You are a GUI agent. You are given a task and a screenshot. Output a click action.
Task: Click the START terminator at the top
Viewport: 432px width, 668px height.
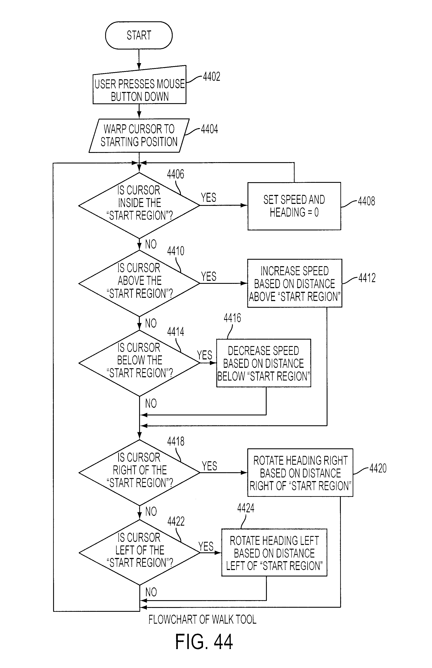[x=139, y=35]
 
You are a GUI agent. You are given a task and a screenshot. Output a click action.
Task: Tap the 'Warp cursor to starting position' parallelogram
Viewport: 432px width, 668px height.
[x=139, y=136]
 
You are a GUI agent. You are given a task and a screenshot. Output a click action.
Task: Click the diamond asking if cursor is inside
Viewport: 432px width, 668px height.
[x=139, y=205]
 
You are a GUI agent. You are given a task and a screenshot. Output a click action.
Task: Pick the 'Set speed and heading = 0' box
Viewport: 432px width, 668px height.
[x=294, y=206]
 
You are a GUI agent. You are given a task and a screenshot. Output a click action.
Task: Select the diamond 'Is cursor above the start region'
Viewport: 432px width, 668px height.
[x=139, y=283]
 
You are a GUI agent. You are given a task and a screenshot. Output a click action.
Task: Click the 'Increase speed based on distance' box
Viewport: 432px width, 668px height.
[x=295, y=283]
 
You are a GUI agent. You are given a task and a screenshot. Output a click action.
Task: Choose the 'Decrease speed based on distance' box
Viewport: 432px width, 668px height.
[x=263, y=363]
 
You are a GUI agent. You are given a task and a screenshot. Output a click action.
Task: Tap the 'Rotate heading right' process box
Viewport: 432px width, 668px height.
[x=300, y=473]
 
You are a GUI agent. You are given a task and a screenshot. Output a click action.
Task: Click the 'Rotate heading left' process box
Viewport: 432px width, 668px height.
[x=274, y=553]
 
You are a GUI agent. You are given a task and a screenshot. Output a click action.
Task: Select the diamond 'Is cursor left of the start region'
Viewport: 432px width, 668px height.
[x=139, y=553]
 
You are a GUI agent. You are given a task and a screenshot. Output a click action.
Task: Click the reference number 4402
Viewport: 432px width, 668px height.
[x=211, y=76]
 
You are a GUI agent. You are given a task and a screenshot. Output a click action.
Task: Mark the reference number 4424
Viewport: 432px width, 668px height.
[x=246, y=508]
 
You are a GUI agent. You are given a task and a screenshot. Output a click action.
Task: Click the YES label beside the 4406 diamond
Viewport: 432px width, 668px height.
[x=209, y=198]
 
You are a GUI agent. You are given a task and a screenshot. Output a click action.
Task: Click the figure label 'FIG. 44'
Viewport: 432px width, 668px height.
[x=204, y=642]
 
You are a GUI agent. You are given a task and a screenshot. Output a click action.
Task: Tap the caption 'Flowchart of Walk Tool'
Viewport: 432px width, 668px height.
[x=202, y=619]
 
